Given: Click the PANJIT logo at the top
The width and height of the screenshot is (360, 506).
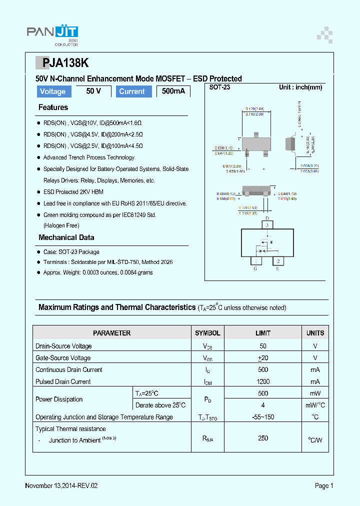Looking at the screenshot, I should coord(52,33).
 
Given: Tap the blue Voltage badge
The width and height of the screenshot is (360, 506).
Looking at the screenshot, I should coord(52,91).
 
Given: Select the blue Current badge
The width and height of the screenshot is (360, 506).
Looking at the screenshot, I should coord(132,91).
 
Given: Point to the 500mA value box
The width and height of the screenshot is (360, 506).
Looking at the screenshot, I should coord(173,91).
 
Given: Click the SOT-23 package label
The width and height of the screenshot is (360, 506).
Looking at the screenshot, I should coord(220,87).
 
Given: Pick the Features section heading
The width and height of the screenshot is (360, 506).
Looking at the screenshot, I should coord(53,107).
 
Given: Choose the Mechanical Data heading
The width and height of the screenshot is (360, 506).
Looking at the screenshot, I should coord(66,237).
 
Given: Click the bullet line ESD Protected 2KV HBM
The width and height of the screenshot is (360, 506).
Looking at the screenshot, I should coord(73,192).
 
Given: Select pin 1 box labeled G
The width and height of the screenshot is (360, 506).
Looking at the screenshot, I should coord(256,261).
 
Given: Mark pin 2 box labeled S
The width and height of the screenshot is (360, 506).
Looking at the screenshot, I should coord(277,261).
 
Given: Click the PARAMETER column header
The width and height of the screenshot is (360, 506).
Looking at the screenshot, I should coord(111,333).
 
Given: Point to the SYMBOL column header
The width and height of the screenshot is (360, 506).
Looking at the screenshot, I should coord(207,333).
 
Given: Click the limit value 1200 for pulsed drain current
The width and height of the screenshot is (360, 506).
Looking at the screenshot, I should coord(263,381).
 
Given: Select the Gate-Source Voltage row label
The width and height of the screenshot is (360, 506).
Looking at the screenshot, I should coord(63,358).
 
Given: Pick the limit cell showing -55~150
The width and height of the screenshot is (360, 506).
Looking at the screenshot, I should coord(263,417).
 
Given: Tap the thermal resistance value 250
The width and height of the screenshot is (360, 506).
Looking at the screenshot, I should coord(263,438).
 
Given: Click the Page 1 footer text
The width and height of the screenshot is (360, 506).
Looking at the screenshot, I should coord(324,485).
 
